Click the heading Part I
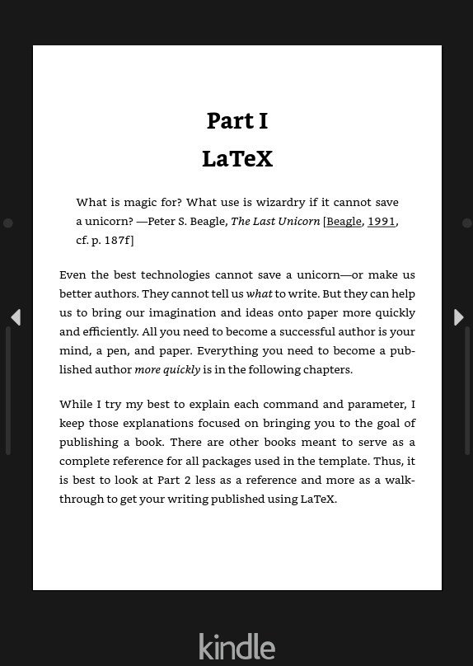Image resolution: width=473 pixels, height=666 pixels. pos(236,120)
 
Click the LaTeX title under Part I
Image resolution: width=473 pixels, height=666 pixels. pos(236,158)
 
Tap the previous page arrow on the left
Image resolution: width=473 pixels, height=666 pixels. pos(15,317)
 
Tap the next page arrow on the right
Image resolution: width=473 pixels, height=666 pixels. pos(458,317)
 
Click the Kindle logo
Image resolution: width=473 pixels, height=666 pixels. pos(236,646)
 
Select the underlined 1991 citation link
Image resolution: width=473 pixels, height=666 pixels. pos(381,221)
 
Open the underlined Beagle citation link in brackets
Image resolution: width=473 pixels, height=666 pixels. pos(344,221)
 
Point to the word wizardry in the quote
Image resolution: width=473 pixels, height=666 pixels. pos(280,202)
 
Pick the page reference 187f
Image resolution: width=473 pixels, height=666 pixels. pos(115,240)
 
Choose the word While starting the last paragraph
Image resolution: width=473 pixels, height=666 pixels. pos(76,404)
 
